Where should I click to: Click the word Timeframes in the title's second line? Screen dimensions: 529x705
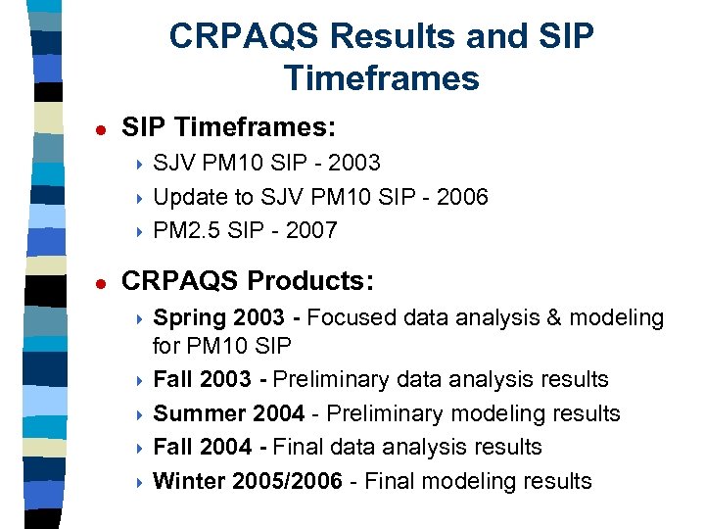pos(381,77)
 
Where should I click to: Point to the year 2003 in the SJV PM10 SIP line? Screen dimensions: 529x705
pos(354,163)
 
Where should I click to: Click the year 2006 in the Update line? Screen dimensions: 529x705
pos(461,197)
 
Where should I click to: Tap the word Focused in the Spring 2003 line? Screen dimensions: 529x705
pos(349,318)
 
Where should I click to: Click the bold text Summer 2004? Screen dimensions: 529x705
pos(228,413)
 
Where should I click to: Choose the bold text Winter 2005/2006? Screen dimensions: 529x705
pos(249,481)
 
